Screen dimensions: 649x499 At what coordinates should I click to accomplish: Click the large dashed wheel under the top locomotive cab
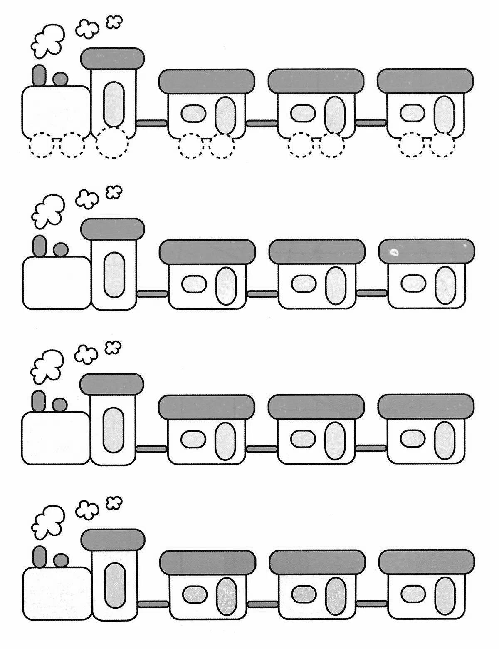pos(112,143)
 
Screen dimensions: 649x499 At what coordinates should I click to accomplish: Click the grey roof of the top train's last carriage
pos(425,81)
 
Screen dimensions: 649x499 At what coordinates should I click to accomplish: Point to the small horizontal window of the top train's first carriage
pos(194,113)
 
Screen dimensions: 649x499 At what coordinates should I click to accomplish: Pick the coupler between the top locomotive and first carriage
pos(151,123)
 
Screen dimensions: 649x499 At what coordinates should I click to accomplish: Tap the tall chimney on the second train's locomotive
pos(40,246)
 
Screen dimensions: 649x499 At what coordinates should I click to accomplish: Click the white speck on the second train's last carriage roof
pos(393,251)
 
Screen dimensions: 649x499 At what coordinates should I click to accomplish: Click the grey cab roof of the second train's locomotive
pos(113,229)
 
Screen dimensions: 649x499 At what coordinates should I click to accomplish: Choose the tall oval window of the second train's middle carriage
pos(335,286)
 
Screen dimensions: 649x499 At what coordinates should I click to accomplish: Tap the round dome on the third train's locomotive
pos(60,404)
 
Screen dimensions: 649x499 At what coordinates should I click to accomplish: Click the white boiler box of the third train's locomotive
pos(55,438)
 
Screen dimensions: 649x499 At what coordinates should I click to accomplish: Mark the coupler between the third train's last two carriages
pos(371,448)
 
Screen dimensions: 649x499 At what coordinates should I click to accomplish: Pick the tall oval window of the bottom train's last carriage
pos(445,596)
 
